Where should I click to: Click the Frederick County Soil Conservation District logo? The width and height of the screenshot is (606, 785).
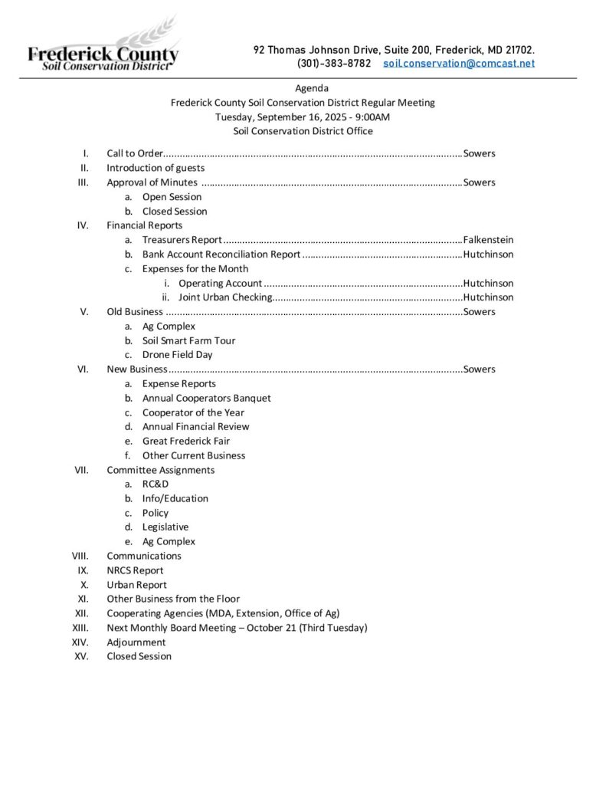pos(103,46)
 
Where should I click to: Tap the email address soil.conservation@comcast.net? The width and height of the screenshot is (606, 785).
pos(458,63)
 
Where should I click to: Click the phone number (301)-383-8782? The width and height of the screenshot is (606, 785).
pos(334,63)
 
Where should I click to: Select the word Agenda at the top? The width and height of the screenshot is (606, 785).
pos(312,88)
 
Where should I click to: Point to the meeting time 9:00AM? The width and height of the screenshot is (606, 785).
pos(370,117)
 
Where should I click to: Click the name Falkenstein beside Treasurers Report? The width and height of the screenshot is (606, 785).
pos(488,240)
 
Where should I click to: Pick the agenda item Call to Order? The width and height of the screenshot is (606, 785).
pos(135,153)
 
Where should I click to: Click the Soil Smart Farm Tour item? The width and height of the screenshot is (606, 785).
pos(188,340)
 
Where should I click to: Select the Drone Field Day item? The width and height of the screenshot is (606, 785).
pos(177,355)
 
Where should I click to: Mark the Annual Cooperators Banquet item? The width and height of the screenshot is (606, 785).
pos(206,398)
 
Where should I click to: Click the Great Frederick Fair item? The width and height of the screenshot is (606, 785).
pos(185,441)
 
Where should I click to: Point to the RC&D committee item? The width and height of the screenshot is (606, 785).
pos(155,484)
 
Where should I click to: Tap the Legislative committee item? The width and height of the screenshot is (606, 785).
pos(165,527)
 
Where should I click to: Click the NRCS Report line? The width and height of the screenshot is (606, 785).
pos(135,570)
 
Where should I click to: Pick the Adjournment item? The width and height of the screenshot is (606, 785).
pos(136,642)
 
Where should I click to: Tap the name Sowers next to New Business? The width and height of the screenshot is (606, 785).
pos(479,370)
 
